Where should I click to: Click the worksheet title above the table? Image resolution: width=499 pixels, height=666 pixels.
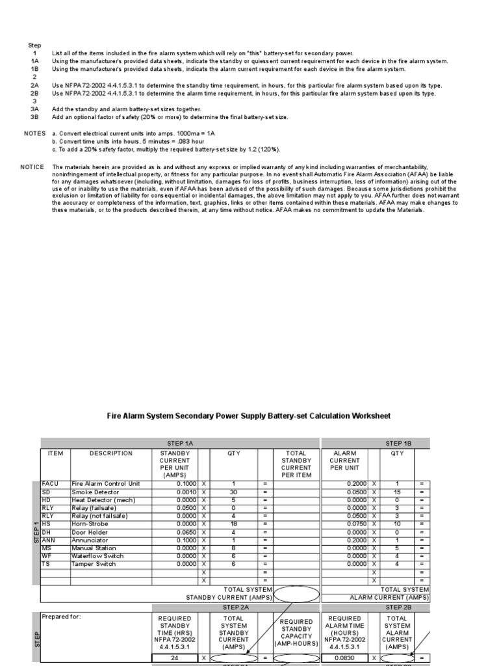(249, 416)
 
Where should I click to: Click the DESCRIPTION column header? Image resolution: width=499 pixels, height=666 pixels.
(111, 453)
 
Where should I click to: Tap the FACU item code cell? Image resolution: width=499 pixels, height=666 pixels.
(50, 484)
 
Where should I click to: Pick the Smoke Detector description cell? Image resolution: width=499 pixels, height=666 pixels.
(96, 492)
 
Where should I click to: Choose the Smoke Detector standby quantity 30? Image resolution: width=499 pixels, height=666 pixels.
(233, 492)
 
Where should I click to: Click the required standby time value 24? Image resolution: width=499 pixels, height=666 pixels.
(173, 657)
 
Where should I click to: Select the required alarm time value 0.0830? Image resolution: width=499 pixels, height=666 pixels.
(346, 657)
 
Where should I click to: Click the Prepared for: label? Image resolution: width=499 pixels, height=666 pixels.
(61, 616)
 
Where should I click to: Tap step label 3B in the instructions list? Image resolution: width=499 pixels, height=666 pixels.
(34, 117)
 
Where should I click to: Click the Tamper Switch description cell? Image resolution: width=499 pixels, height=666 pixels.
(94, 564)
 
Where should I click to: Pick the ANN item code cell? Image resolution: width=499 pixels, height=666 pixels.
(49, 540)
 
